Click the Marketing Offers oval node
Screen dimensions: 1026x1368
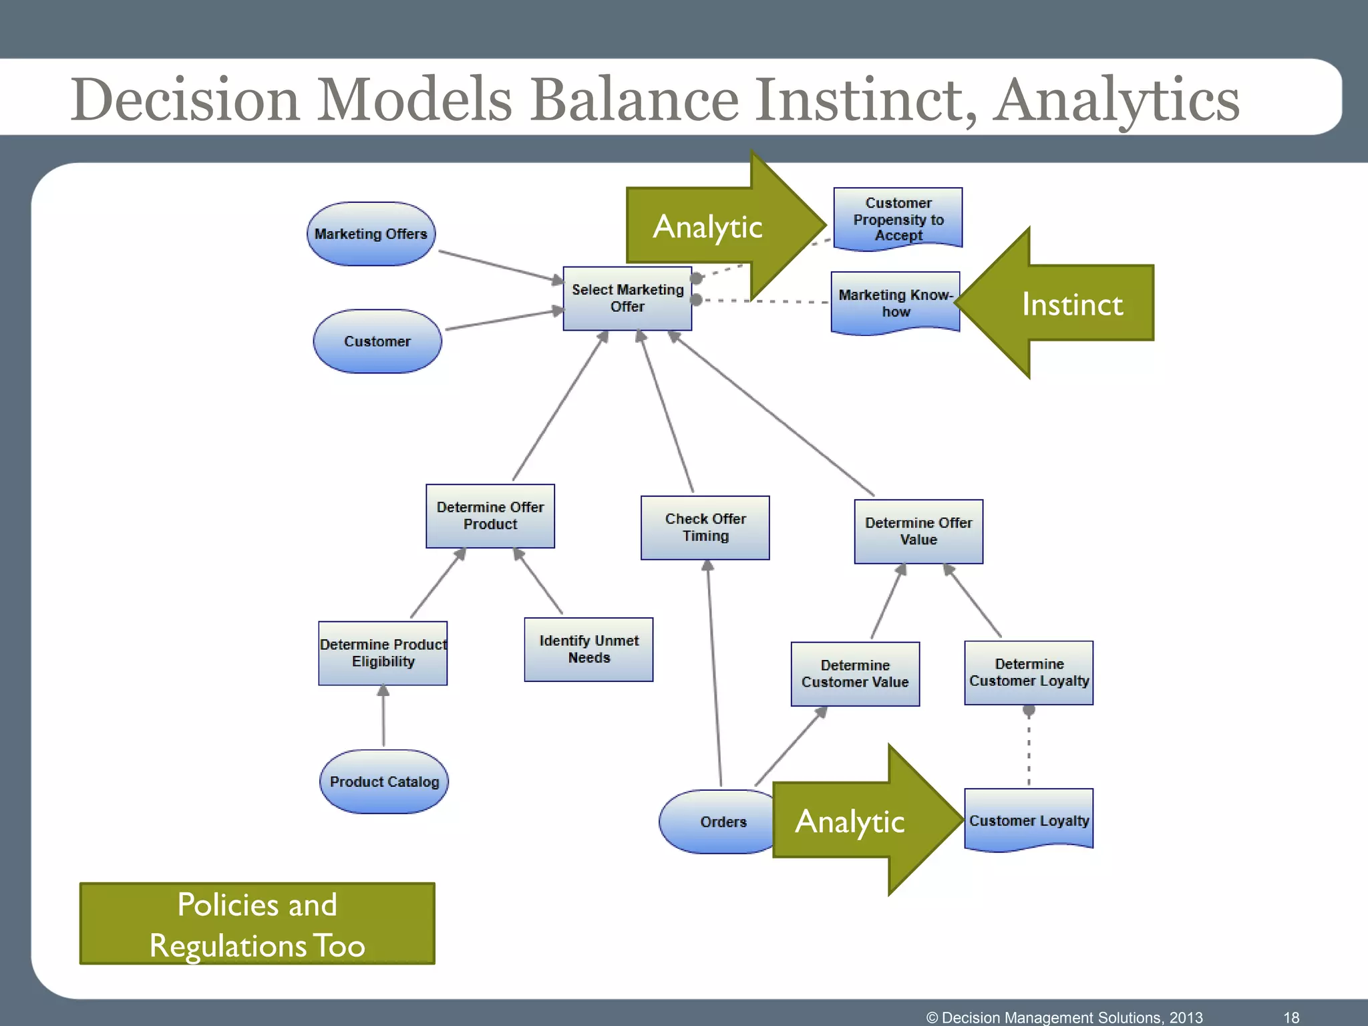point(371,234)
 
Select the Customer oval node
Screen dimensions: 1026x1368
point(377,341)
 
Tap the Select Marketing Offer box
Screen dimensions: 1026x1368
point(627,299)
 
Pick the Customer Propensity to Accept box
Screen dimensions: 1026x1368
point(898,219)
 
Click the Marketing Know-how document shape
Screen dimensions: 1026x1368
point(895,303)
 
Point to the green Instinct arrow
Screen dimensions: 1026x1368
point(1071,304)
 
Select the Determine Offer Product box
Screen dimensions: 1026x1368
point(490,516)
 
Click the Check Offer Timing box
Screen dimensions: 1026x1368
point(705,528)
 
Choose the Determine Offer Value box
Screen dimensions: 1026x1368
point(918,531)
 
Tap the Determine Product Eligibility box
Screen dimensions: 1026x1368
point(383,653)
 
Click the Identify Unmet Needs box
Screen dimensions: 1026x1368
point(588,649)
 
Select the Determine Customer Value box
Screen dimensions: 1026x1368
point(855,674)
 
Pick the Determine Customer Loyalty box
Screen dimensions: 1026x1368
point(1029,673)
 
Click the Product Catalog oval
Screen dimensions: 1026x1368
point(384,782)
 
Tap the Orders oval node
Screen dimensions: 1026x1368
point(718,822)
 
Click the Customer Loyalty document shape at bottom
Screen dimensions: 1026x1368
point(1029,820)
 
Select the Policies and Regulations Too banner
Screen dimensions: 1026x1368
point(257,924)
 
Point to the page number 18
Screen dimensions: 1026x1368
point(1291,1017)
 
